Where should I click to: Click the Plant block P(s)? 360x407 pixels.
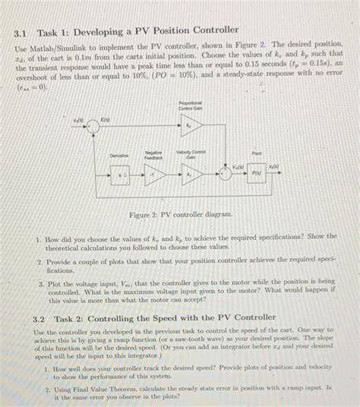[x=261, y=172]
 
